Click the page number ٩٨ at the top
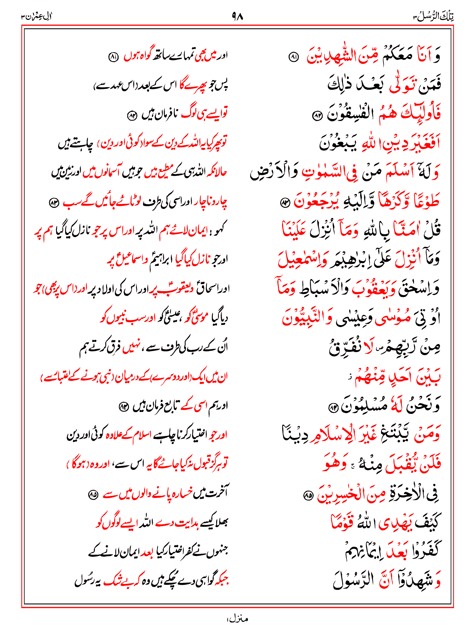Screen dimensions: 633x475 (237, 16)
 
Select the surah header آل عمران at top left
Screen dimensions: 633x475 (36, 16)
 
